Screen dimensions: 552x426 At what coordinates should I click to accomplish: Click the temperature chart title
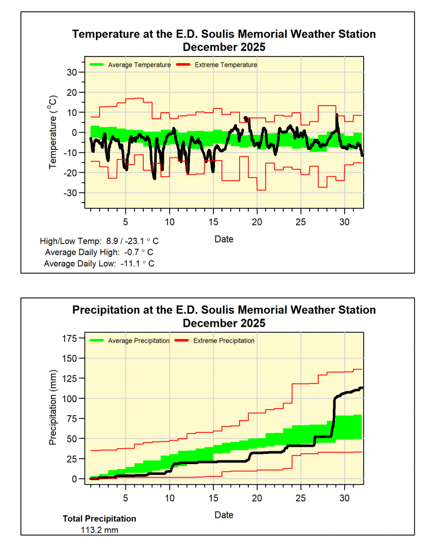224,40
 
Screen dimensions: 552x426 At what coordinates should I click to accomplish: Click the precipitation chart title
224,316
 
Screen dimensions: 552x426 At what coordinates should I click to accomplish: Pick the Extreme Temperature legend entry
226,65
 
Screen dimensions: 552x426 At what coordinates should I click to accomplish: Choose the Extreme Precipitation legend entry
224,341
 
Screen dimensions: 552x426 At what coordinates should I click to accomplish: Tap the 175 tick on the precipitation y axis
71,338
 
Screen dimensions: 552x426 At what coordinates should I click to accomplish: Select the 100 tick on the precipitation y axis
71,398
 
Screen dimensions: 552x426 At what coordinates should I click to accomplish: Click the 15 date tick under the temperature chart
213,222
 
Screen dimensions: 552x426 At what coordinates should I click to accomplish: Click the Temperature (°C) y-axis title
53,133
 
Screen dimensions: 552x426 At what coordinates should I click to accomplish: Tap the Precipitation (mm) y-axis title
53,408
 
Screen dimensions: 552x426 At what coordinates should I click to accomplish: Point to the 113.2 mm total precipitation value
99,530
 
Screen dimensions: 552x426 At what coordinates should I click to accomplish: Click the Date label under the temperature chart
224,239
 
